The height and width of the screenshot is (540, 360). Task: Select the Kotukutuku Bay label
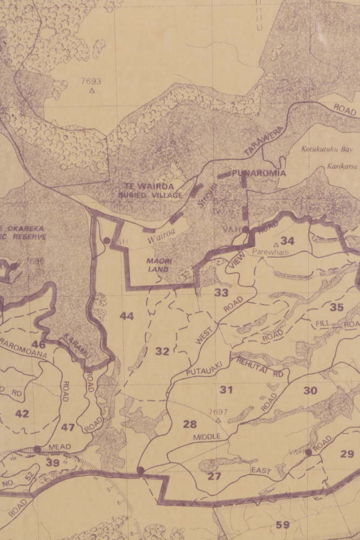point(327,148)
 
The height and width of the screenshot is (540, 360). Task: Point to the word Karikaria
point(342,167)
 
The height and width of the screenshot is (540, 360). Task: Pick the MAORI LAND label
point(159,265)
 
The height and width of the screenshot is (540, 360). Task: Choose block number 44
point(127,316)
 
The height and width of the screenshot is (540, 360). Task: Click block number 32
point(162,352)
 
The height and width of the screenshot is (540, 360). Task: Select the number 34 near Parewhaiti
point(287,241)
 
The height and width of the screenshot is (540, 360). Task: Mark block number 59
point(282,524)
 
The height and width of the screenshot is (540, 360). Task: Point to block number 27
point(214,476)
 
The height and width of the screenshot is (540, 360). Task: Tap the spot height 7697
point(218,412)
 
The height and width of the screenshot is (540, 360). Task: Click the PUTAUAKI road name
point(201,372)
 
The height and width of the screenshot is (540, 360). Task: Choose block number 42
point(22,414)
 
